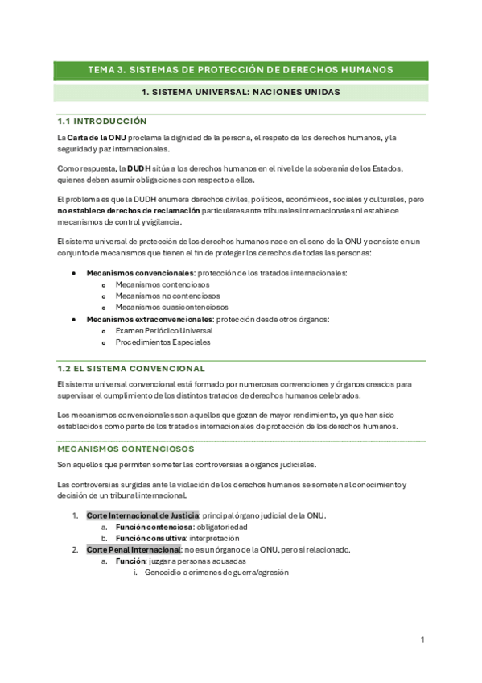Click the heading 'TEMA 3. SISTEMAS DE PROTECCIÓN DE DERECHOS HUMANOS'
(240, 70)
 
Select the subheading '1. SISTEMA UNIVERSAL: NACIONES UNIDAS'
(240, 93)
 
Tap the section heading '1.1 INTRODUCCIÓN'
(101, 121)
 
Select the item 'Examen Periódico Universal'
(164, 330)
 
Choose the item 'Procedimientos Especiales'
(163, 341)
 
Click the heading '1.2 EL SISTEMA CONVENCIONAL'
(131, 368)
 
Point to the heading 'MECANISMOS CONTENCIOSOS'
(126, 448)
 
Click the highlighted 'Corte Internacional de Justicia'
(142, 515)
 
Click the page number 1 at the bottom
(422, 640)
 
